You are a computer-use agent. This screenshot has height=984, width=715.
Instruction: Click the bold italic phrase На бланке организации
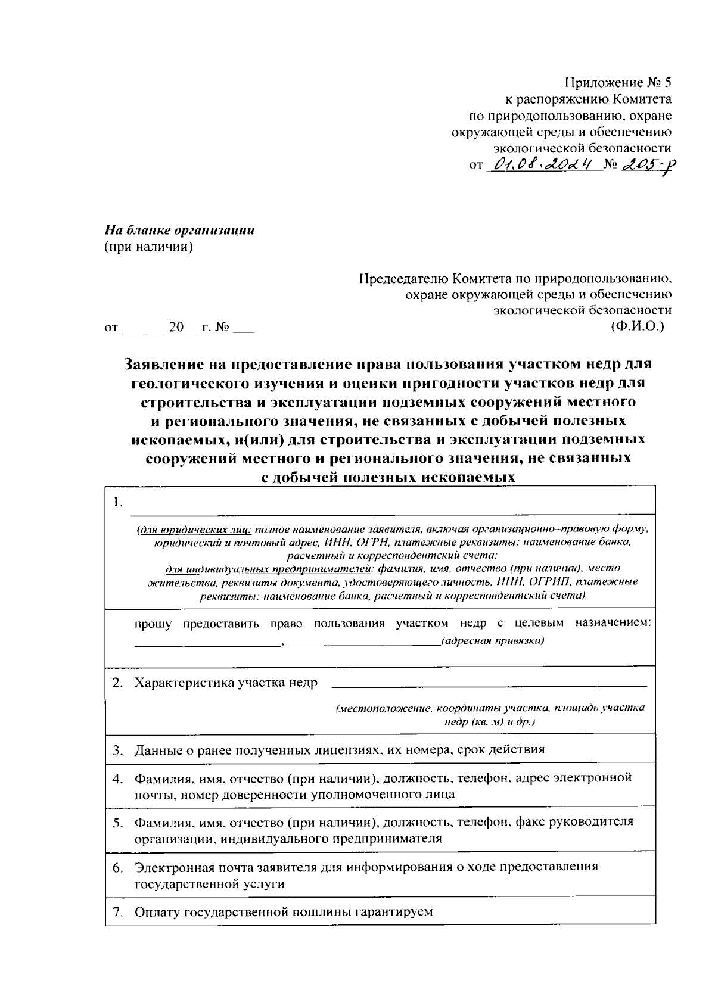pos(180,230)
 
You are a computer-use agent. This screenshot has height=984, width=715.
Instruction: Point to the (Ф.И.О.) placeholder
pos(637,326)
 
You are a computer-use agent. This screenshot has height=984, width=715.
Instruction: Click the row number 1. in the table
pos(118,502)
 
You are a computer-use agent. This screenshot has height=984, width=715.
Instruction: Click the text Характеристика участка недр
pos(226,683)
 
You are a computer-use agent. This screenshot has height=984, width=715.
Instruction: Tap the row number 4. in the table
pos(118,778)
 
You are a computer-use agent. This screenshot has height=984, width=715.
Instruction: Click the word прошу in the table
pos(153,624)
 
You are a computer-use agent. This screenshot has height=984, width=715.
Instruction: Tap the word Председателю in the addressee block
pos(403,278)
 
